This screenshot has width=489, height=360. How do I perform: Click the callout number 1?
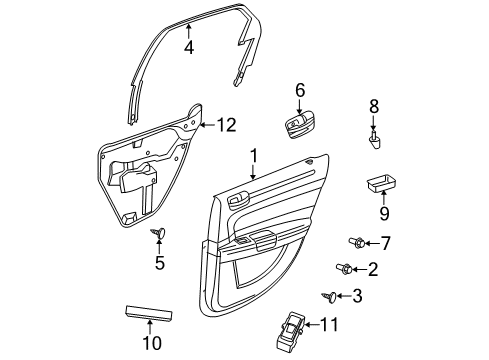click(254, 155)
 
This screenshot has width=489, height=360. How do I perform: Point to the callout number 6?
click(299, 91)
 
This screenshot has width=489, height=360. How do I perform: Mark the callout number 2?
click(373, 269)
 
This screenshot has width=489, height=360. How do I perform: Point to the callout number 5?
click(158, 264)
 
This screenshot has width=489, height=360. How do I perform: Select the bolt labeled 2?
click(342, 268)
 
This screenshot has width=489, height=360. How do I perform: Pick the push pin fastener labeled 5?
click(158, 235)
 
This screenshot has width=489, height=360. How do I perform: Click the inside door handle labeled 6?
click(300, 126)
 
